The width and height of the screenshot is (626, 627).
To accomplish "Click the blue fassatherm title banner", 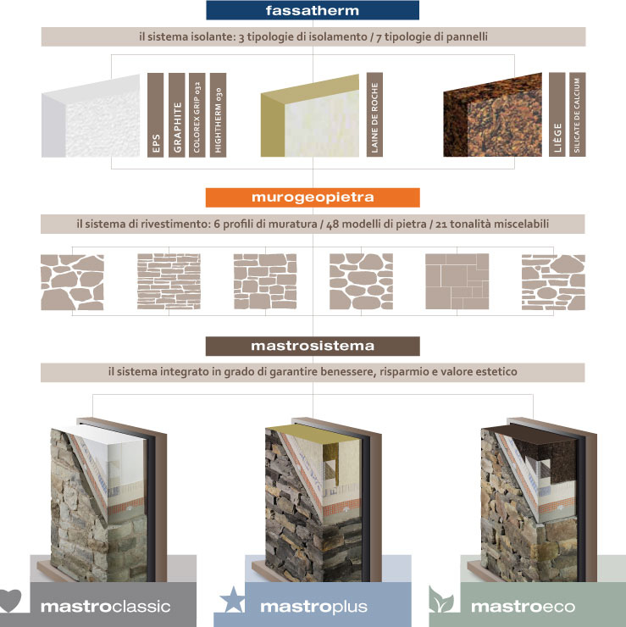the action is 313,10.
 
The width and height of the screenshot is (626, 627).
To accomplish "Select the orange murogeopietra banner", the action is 313,197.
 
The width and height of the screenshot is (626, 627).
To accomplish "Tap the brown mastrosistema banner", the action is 313,346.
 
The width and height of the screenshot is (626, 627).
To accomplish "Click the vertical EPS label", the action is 156,114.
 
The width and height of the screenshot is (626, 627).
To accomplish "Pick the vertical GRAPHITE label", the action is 177,114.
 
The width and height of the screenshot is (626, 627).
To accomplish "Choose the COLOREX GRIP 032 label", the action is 197,114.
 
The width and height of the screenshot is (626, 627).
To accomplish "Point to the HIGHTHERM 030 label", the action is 218,114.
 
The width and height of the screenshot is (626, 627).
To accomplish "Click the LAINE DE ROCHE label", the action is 374,114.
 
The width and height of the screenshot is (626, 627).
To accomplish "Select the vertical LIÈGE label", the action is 557,114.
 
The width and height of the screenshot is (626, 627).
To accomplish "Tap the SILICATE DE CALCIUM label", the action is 577,114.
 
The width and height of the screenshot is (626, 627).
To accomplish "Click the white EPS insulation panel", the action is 91,116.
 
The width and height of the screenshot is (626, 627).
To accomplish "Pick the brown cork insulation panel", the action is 492,114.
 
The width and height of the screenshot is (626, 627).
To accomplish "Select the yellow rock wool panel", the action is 310,115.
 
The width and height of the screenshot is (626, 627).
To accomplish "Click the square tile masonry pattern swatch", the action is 457,281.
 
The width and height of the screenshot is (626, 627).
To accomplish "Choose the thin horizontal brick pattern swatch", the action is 169,281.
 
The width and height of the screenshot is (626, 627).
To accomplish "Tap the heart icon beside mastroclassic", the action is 9,601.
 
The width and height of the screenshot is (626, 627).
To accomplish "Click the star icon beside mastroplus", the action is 232,600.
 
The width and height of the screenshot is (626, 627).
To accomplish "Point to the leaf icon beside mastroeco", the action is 441,599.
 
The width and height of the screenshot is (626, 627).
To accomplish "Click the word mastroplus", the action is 313,607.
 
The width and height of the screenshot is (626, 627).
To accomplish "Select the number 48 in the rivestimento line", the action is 333,225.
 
